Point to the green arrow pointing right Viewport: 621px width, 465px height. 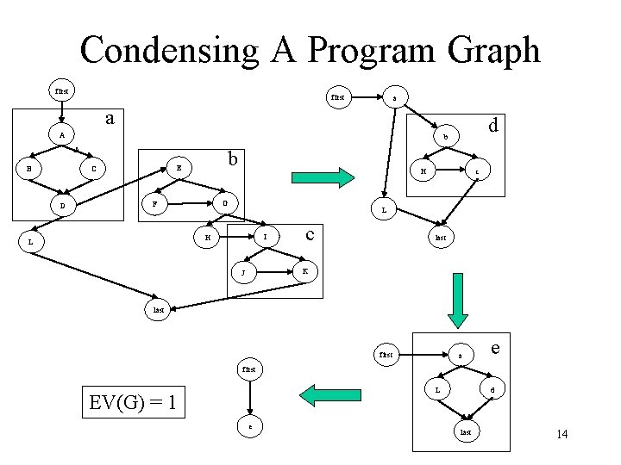pyautogui.click(x=324, y=178)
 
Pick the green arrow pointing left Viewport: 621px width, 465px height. pyautogui.click(x=324, y=394)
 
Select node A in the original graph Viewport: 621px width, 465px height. pyautogui.click(x=60, y=135)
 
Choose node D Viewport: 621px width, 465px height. pyautogui.click(x=61, y=206)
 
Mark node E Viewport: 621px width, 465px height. pyautogui.click(x=178, y=167)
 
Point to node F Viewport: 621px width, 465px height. pyautogui.click(x=154, y=204)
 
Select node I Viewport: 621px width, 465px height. pyautogui.click(x=266, y=236)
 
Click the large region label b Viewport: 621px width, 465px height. pyautogui.click(x=231, y=158)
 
